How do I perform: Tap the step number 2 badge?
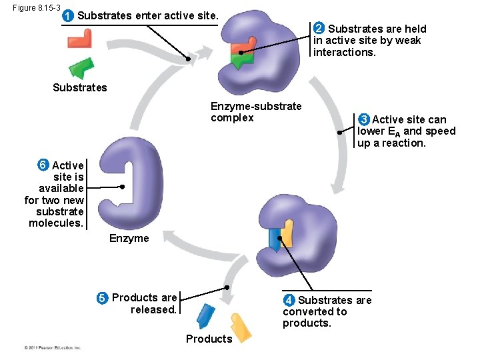click(x=319, y=28)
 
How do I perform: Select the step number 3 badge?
click(x=363, y=119)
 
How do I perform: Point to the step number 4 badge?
click(x=289, y=300)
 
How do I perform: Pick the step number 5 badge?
click(x=103, y=298)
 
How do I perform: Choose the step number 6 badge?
click(x=43, y=165)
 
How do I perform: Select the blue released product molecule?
click(x=206, y=315)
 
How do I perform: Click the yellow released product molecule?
click(x=240, y=326)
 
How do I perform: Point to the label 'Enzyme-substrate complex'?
click(x=256, y=112)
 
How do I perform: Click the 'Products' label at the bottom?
click(x=209, y=339)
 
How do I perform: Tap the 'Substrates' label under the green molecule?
click(x=79, y=87)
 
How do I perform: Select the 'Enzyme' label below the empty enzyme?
click(x=129, y=238)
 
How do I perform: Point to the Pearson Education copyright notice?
click(x=52, y=348)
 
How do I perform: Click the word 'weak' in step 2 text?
click(x=407, y=40)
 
